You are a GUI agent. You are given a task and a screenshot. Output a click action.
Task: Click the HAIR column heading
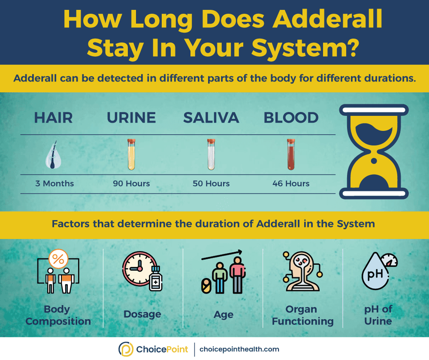54,118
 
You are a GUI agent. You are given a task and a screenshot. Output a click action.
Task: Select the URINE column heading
131,118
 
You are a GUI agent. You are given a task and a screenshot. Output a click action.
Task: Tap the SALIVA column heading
211,118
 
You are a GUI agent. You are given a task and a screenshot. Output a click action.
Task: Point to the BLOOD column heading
291,118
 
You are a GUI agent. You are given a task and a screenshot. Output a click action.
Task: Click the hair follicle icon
54,155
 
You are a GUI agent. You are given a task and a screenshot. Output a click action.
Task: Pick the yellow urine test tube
131,154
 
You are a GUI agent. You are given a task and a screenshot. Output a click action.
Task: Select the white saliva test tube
211,154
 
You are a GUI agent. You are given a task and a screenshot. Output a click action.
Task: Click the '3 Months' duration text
54,184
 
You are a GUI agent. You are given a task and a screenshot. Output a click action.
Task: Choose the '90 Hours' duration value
131,184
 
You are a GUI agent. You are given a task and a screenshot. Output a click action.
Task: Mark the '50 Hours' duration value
211,184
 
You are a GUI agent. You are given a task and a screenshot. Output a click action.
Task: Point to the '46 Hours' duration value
291,184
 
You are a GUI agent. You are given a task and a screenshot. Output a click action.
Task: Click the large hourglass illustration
374,152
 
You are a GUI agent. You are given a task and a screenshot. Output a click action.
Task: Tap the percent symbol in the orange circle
58,260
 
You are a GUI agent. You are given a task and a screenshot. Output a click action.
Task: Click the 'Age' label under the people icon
224,315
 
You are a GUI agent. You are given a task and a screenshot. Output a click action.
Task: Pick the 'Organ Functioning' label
302,315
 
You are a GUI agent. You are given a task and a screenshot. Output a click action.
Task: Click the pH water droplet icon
375,273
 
